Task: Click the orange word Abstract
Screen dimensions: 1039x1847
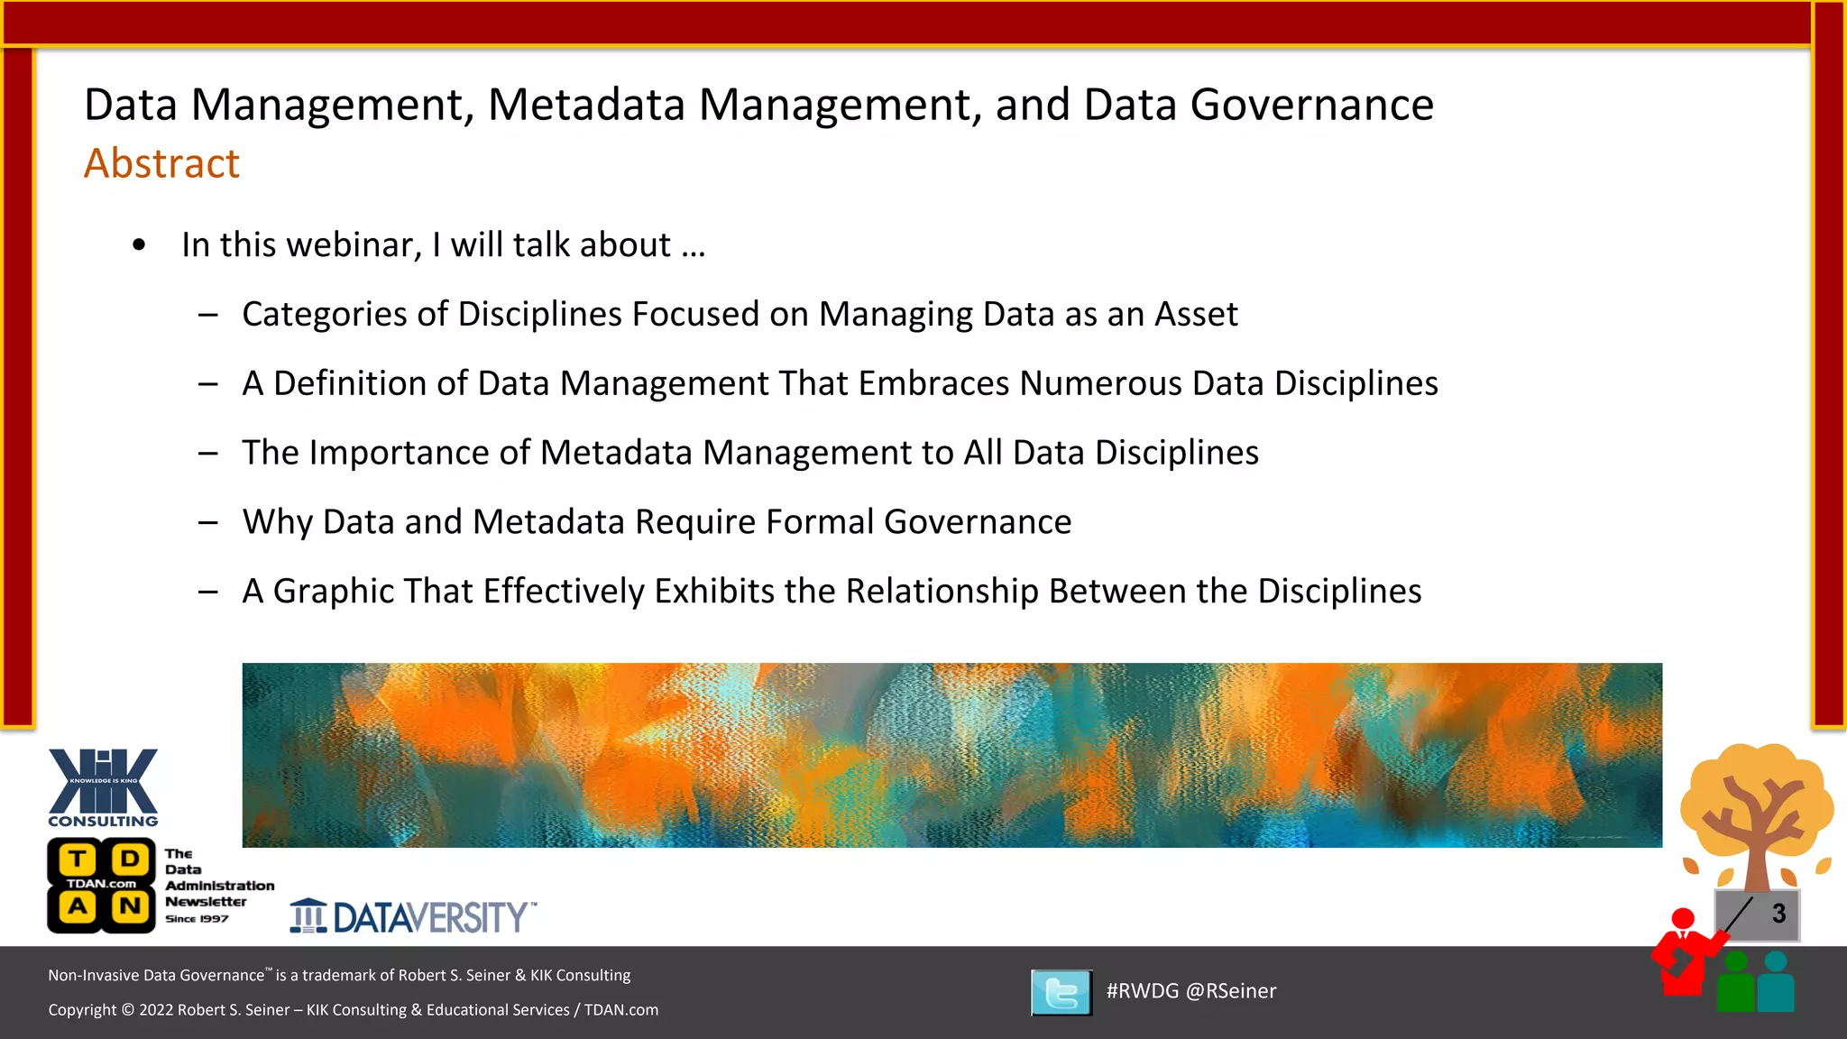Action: (x=161, y=163)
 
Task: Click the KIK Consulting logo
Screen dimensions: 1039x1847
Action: (x=103, y=786)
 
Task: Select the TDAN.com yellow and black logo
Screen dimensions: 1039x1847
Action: (x=101, y=885)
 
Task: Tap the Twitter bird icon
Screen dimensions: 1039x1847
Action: (x=1061, y=992)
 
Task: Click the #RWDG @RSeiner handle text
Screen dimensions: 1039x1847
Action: (x=1190, y=991)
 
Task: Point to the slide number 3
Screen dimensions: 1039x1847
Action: (x=1778, y=914)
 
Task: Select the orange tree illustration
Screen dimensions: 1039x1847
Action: (x=1756, y=812)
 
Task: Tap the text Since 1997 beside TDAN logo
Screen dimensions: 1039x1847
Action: (x=197, y=919)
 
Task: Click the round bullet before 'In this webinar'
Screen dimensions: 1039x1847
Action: (x=139, y=245)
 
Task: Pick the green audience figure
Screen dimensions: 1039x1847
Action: (x=1736, y=983)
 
